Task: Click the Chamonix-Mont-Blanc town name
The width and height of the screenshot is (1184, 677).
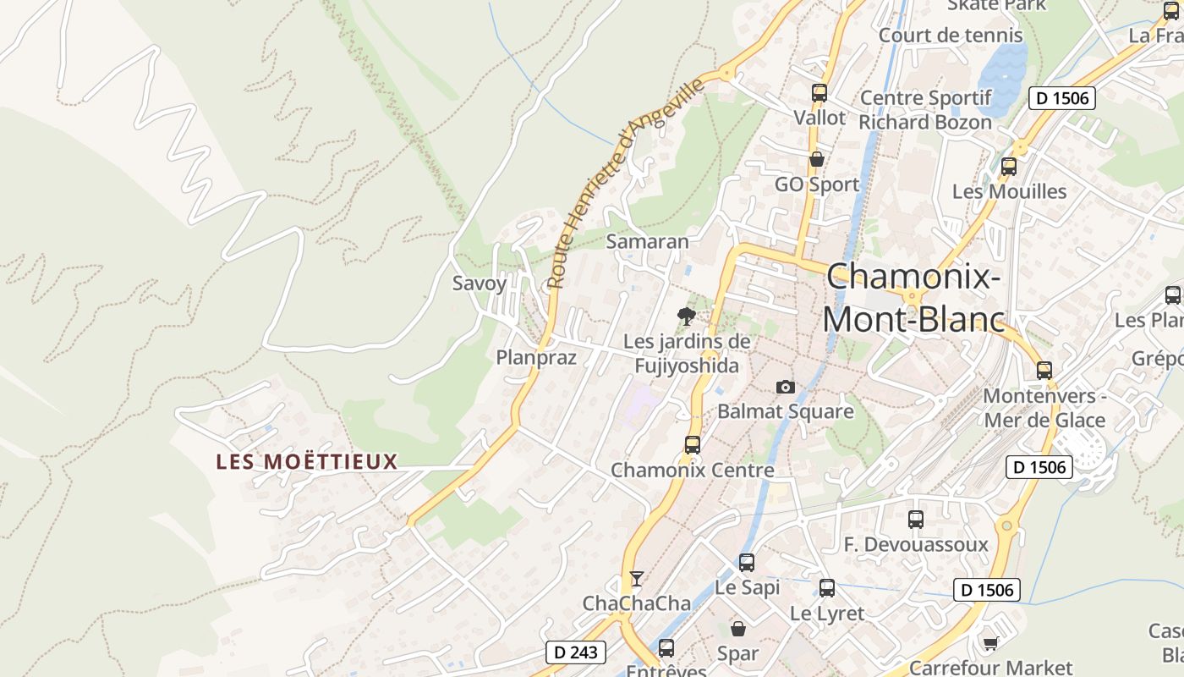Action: (x=913, y=298)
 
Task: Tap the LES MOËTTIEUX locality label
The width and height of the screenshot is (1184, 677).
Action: (x=306, y=462)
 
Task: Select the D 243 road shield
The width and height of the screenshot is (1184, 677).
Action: (x=576, y=652)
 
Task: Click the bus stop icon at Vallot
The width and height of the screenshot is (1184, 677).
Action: (x=819, y=93)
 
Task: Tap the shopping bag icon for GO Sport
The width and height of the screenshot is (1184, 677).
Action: (x=817, y=159)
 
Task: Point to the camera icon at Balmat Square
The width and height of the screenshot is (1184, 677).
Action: (x=785, y=387)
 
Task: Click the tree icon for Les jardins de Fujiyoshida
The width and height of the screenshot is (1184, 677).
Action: (x=687, y=316)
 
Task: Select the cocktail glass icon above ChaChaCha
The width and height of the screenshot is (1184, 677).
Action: (x=637, y=579)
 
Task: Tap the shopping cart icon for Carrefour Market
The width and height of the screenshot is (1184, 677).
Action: (x=990, y=644)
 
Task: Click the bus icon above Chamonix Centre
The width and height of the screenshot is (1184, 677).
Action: (x=692, y=444)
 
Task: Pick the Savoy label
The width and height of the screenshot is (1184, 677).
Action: (x=480, y=283)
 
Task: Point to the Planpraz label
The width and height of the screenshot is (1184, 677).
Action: (x=536, y=357)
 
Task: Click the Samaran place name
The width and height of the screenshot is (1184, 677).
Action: (x=648, y=241)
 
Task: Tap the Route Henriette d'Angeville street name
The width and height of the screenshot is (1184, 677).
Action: (x=625, y=184)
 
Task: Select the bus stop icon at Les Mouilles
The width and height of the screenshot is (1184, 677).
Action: (x=1008, y=167)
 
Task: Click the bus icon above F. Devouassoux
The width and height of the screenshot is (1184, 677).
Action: (x=916, y=520)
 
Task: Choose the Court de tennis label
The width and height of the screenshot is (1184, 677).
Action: (x=951, y=36)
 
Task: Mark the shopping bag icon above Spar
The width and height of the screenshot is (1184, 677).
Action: (x=738, y=629)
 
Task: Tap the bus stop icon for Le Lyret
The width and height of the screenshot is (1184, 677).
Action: (x=827, y=588)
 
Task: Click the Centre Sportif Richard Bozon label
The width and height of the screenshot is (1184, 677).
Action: (x=925, y=110)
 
